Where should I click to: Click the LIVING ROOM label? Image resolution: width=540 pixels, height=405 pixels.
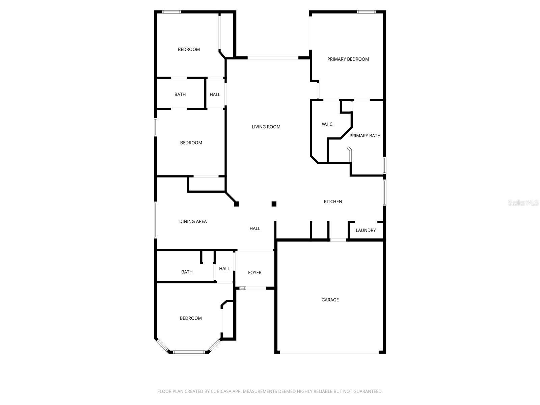click(x=266, y=127)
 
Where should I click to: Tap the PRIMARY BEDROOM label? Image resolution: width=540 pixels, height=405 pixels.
click(x=348, y=59)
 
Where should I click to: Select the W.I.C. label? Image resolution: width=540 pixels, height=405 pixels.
click(x=327, y=124)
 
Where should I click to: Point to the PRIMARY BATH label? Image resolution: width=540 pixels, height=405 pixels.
click(x=365, y=136)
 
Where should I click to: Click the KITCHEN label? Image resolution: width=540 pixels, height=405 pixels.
click(x=333, y=201)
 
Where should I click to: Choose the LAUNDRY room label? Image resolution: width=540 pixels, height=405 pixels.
click(x=366, y=230)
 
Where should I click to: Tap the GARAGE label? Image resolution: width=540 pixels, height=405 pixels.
click(x=330, y=300)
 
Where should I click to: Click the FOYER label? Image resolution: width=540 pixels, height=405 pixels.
click(x=254, y=272)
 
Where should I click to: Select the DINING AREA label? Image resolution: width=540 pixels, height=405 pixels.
click(x=193, y=221)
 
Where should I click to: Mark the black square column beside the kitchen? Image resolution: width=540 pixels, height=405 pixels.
click(x=274, y=204)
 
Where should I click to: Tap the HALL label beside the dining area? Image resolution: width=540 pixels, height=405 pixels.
click(x=255, y=228)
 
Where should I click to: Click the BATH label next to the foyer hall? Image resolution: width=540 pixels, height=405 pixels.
click(x=187, y=272)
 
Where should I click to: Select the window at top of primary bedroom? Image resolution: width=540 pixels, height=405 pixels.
click(x=366, y=12)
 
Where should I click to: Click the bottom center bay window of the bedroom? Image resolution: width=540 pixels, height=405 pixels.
click(x=189, y=352)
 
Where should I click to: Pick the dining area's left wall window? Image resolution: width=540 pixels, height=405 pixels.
click(x=156, y=220)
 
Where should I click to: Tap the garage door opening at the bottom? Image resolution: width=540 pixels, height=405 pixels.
click(x=329, y=353)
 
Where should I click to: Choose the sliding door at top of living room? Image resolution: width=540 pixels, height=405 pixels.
click(x=273, y=58)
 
